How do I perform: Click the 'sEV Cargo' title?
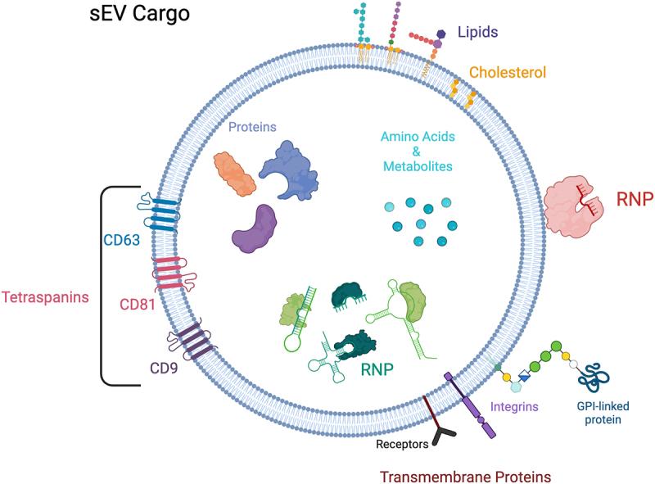click(139, 13)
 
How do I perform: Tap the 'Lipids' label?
click(478, 32)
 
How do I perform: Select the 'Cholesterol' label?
click(508, 72)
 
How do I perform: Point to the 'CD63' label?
click(121, 240)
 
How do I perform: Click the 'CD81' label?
click(138, 305)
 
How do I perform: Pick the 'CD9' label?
click(164, 369)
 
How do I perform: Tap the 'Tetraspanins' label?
click(45, 297)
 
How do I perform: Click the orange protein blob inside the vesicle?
click(234, 174)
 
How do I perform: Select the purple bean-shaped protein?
click(255, 229)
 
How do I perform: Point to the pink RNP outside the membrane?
click(572, 207)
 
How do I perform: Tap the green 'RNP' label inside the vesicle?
click(377, 369)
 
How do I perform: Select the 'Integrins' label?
click(514, 407)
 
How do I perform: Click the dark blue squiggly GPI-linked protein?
click(594, 378)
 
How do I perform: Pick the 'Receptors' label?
click(402, 444)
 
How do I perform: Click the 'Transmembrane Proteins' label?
click(465, 477)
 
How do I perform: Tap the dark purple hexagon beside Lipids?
click(441, 34)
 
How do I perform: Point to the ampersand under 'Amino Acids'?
click(417, 152)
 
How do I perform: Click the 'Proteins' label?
click(252, 127)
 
